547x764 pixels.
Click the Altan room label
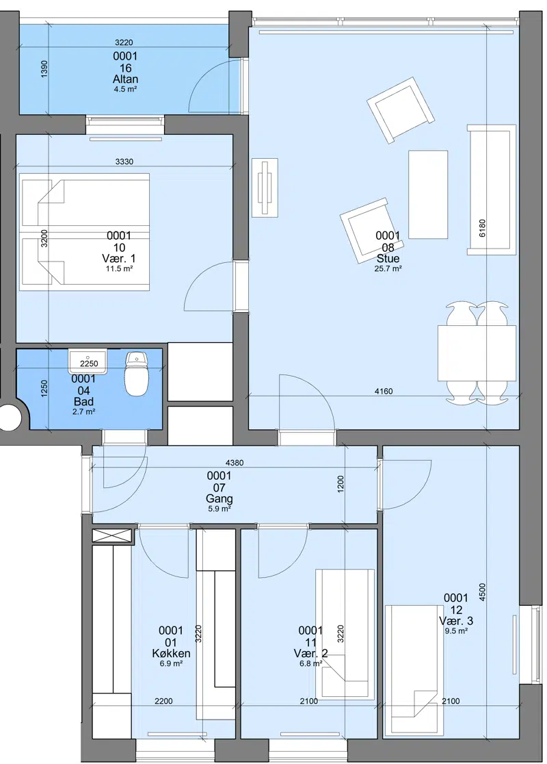click(125, 79)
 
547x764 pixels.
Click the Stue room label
click(388, 258)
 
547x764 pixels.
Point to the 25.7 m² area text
click(388, 268)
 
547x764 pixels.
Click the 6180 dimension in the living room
click(482, 229)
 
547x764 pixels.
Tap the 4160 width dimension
click(384, 392)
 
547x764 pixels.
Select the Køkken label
click(172, 653)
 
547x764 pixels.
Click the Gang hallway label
click(219, 498)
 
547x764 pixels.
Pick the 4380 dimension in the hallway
click(235, 463)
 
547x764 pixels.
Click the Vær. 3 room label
click(456, 621)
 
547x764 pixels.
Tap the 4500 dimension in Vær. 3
click(482, 593)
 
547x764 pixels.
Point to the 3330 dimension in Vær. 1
click(124, 162)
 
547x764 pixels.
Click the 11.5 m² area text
click(119, 268)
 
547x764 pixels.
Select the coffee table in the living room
click(428, 194)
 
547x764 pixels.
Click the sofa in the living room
click(492, 190)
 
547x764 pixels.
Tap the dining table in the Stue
click(477, 353)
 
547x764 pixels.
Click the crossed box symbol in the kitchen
click(112, 537)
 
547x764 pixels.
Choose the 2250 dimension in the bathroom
click(89, 364)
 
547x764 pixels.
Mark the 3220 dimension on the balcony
click(124, 43)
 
